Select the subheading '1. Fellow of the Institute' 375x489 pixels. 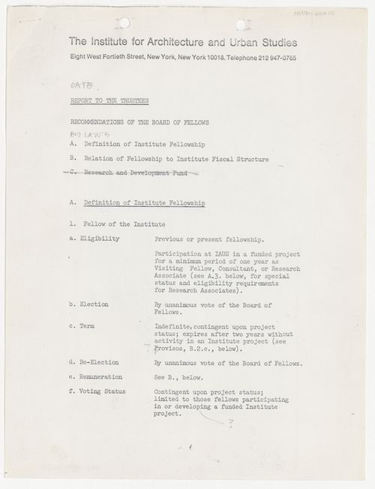[113, 223]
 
